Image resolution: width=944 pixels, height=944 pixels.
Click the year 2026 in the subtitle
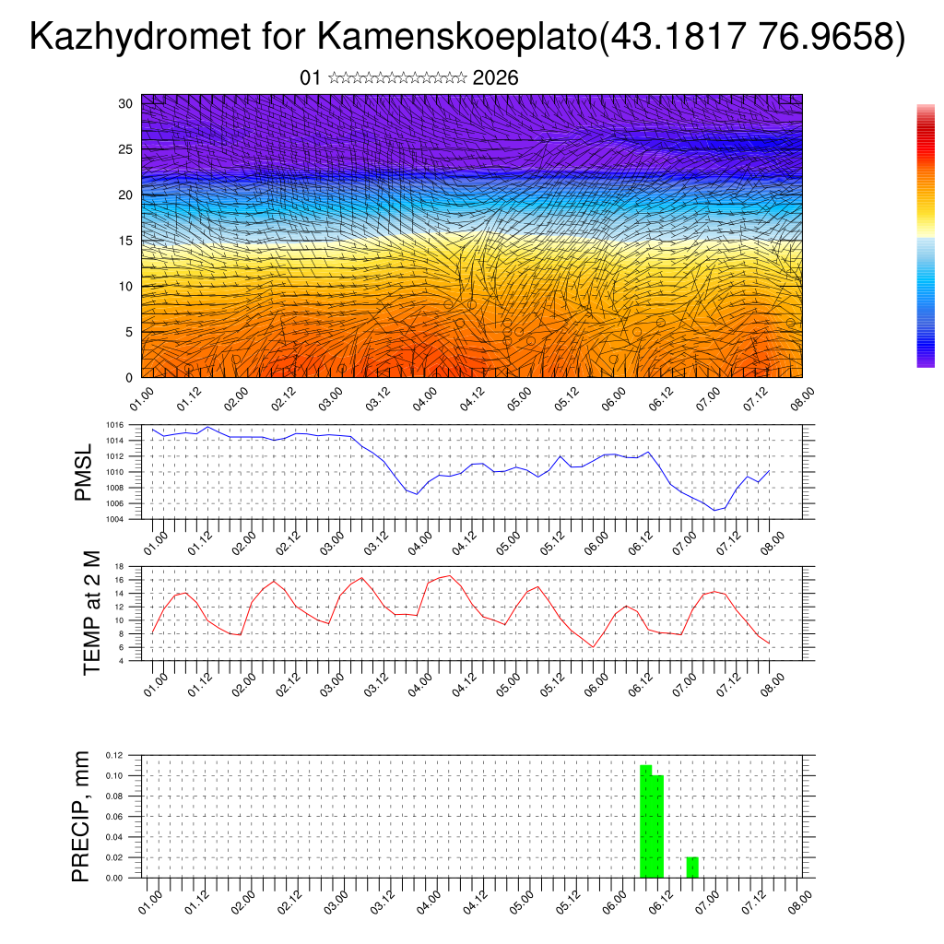(495, 78)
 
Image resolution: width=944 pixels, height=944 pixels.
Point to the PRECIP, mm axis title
(82, 817)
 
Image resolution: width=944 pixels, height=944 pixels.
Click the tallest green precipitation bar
(645, 820)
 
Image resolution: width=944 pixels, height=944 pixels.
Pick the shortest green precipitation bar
(692, 867)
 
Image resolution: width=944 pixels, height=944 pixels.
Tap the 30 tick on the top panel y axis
(126, 103)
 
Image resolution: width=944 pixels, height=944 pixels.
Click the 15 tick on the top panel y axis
(126, 241)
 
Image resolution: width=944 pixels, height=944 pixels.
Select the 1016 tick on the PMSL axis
(114, 425)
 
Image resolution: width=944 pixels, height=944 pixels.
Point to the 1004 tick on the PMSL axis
(114, 519)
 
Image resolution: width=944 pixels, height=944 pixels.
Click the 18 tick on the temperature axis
(119, 566)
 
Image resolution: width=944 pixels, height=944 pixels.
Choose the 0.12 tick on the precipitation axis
(114, 755)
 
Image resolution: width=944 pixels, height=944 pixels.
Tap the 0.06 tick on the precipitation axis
(114, 817)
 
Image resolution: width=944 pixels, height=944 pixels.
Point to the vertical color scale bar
(926, 235)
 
